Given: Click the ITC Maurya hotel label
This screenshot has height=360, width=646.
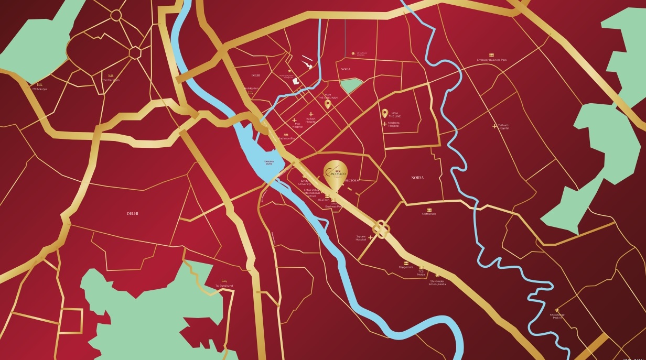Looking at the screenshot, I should click(x=39, y=89).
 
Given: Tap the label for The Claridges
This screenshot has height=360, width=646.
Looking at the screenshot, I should click(x=111, y=80).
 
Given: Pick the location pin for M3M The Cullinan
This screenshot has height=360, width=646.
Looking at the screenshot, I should click(x=328, y=104).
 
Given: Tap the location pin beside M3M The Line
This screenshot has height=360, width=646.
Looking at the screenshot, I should click(x=384, y=113).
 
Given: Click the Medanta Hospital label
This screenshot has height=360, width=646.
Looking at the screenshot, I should click(x=394, y=126).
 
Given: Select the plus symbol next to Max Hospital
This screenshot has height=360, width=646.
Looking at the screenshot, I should click(x=294, y=121).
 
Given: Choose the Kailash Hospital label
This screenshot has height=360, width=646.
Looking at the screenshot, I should click(x=312, y=121).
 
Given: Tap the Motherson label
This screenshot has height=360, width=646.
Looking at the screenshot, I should click(x=429, y=214).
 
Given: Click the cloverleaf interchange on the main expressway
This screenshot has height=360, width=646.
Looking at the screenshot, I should click(x=381, y=228).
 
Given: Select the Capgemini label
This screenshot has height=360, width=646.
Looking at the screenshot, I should click(x=406, y=267).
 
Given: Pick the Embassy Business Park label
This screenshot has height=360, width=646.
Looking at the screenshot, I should click(x=492, y=60).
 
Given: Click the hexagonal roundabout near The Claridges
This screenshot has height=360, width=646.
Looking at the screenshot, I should click(x=135, y=52).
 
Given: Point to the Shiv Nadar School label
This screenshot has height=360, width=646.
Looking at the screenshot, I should click(x=438, y=282).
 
